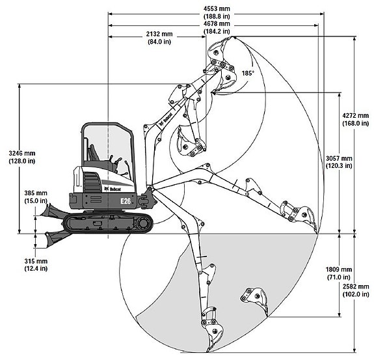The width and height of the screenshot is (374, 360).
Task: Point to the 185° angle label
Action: tap(248, 74)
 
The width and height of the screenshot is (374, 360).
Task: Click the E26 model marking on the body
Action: tap(126, 201)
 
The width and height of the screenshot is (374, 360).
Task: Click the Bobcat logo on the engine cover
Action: tap(113, 189)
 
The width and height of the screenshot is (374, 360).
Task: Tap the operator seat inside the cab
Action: tap(94, 153)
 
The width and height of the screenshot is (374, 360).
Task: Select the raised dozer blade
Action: tap(52, 212)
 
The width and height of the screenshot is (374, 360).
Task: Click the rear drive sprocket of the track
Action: tap(143, 223)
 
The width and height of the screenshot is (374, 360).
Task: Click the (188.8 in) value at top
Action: tap(217, 16)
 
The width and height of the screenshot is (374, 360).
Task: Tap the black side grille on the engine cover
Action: tap(92, 183)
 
